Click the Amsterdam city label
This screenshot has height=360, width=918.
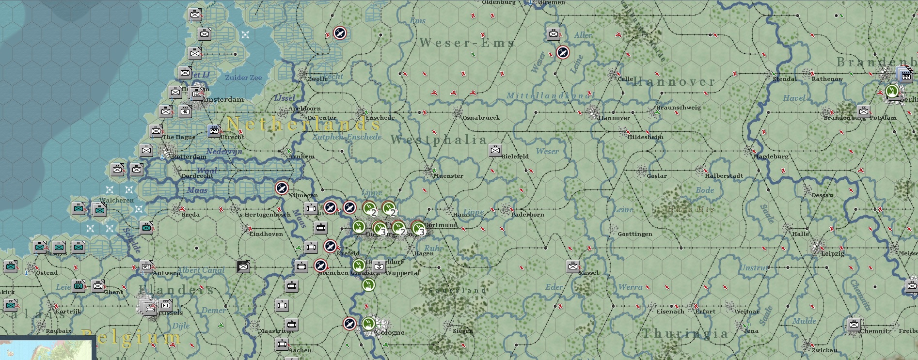[x=223, y=100]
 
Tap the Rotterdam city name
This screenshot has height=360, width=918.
[x=189, y=157]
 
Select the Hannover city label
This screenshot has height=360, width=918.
[x=614, y=118]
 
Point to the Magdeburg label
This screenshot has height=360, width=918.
[x=771, y=157]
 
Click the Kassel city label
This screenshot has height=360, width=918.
[x=589, y=273]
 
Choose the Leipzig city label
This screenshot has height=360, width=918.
[x=833, y=253]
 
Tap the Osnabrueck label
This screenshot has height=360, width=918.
[x=481, y=118]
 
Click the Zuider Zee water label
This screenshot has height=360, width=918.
[x=243, y=78]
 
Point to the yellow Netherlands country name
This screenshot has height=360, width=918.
[x=303, y=124]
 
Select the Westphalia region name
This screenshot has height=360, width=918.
[x=439, y=140]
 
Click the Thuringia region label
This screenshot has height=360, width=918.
[x=685, y=333]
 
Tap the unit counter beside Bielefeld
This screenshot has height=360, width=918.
[x=495, y=150]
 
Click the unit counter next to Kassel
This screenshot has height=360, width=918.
[x=572, y=266]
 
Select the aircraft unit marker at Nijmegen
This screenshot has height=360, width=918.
[x=282, y=188]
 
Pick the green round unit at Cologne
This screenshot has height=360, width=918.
[x=369, y=323]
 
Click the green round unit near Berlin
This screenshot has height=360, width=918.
[x=892, y=91]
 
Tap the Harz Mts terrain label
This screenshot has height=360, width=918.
[x=690, y=209]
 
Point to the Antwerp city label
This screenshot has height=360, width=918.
[x=166, y=273]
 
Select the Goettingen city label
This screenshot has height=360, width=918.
[x=634, y=234]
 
